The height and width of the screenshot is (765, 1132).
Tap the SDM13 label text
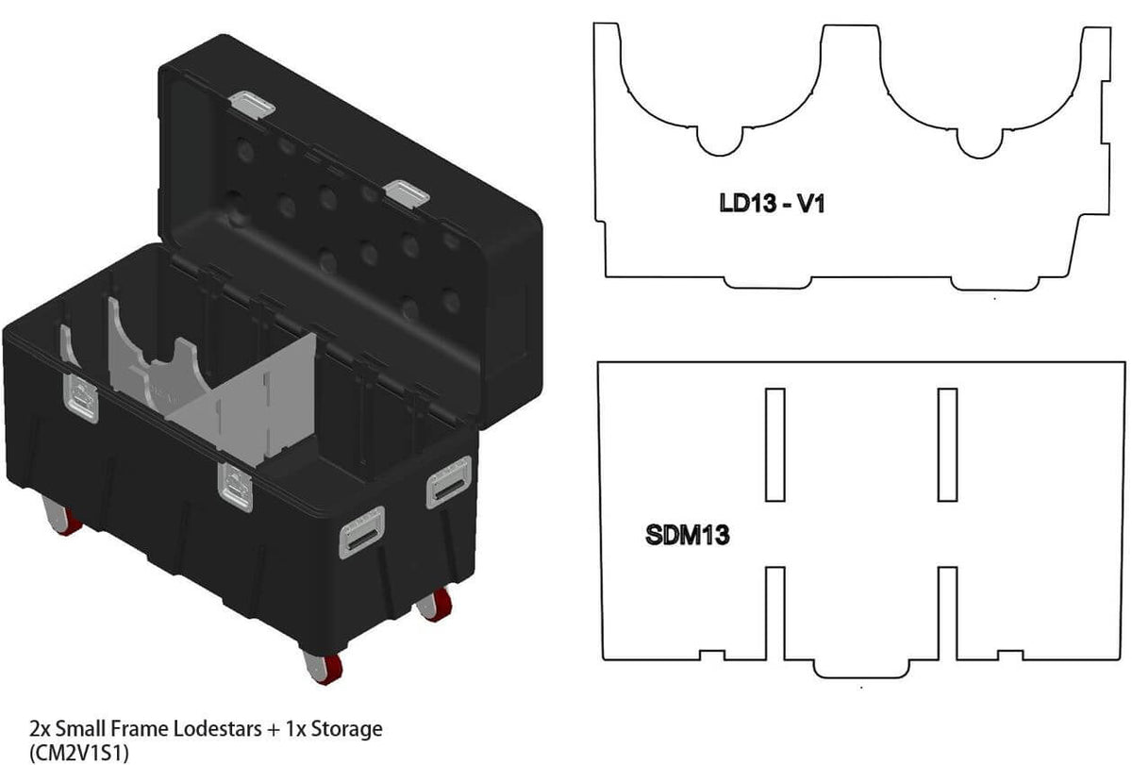pyautogui.click(x=688, y=536)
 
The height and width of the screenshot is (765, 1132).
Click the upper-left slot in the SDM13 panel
pyautogui.click(x=775, y=444)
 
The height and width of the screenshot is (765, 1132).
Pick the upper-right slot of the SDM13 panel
pyautogui.click(x=947, y=444)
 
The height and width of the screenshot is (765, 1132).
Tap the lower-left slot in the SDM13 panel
pyautogui.click(x=775, y=613)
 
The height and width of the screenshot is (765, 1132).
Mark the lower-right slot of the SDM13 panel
pyautogui.click(x=947, y=613)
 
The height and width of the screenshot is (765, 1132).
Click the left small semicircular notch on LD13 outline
pyautogui.click(x=721, y=141)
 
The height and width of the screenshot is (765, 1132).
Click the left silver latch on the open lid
pyautogui.click(x=251, y=104)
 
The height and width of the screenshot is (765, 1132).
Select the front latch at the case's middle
pyautogui.click(x=233, y=481)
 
